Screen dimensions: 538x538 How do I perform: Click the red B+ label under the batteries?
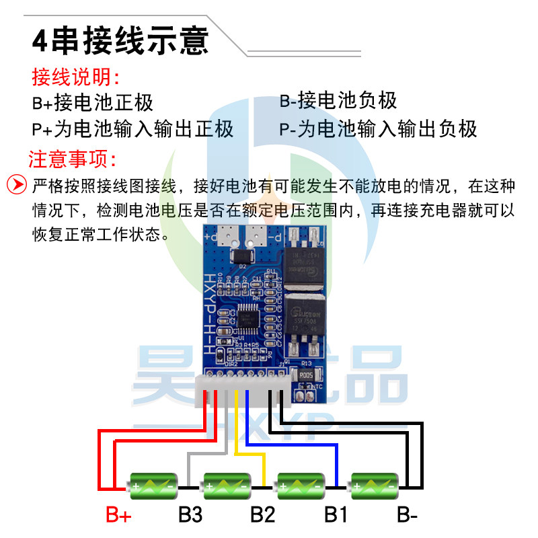(118, 516)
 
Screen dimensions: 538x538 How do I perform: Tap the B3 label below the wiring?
(190, 516)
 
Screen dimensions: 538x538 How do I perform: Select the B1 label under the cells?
(335, 516)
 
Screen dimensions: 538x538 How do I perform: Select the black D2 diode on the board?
(240, 257)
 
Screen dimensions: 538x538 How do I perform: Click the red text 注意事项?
(73, 159)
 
